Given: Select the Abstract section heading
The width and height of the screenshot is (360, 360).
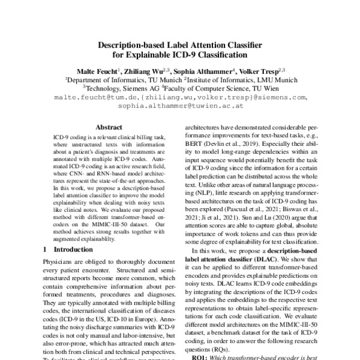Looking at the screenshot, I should coord(109,127).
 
